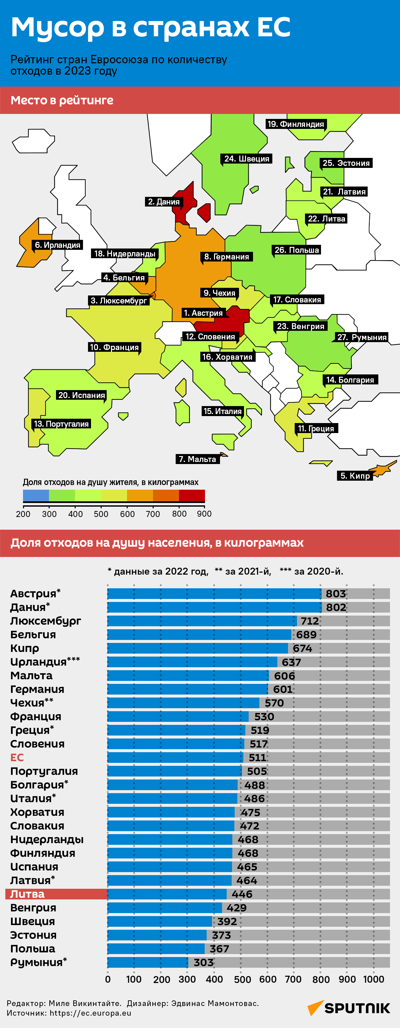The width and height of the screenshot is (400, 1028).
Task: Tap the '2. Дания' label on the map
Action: [x=164, y=202]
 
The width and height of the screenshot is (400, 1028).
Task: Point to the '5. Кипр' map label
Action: [x=355, y=476]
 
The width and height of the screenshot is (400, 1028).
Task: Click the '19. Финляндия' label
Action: [x=295, y=124]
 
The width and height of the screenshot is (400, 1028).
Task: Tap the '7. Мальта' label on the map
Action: [x=197, y=459]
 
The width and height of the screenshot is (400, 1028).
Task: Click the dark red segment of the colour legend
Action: [x=192, y=495]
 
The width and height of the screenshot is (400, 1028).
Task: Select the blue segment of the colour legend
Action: [x=36, y=495]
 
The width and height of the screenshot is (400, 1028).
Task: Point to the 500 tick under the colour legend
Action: [x=101, y=514]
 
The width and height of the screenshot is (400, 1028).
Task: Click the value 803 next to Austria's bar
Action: [x=335, y=594]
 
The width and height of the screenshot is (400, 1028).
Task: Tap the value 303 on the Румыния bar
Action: [x=204, y=963]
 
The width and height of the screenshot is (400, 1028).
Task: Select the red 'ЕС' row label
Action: [x=17, y=758]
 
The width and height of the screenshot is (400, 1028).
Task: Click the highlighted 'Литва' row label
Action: [x=27, y=894]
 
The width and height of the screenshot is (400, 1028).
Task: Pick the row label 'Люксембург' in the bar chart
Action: [x=46, y=621]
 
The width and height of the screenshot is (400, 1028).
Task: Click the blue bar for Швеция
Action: [x=160, y=921]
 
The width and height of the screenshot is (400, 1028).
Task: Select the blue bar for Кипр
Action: [x=198, y=648]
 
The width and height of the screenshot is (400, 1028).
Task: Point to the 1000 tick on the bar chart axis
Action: [x=373, y=979]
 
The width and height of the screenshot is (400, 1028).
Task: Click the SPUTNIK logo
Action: [x=349, y=1008]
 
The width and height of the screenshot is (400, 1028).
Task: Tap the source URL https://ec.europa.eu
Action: [x=90, y=1013]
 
